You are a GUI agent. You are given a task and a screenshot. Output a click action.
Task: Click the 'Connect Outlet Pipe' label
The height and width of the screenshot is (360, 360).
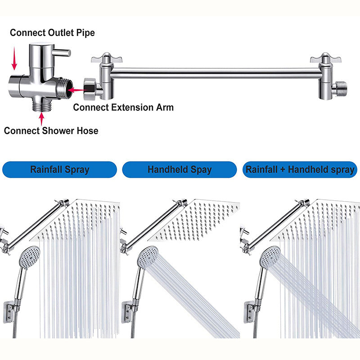(x=52, y=32)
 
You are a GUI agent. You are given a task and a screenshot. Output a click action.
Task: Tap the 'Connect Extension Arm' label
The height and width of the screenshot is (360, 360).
(x=123, y=107)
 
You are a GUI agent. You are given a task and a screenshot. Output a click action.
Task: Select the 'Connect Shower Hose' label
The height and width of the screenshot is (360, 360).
(x=51, y=131)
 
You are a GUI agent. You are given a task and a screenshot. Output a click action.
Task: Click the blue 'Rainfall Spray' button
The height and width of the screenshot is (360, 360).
(x=59, y=170)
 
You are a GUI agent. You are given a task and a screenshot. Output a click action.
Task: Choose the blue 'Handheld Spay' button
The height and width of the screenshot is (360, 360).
(x=179, y=170)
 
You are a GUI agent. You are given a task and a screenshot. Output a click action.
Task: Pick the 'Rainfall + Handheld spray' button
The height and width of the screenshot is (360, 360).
(x=299, y=170)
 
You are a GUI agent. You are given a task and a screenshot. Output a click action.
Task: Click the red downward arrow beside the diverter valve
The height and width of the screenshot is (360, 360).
(x=14, y=58)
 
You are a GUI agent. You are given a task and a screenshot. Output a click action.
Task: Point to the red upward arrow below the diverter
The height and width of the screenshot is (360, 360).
(x=42, y=118)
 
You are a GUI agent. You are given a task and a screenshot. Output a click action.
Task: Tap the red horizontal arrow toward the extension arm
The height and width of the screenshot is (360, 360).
(x=76, y=90)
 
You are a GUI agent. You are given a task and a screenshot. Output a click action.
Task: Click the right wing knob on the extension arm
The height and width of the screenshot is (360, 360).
(x=322, y=58)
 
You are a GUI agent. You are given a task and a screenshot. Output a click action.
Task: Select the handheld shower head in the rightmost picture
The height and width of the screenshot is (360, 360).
(x=270, y=257)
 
